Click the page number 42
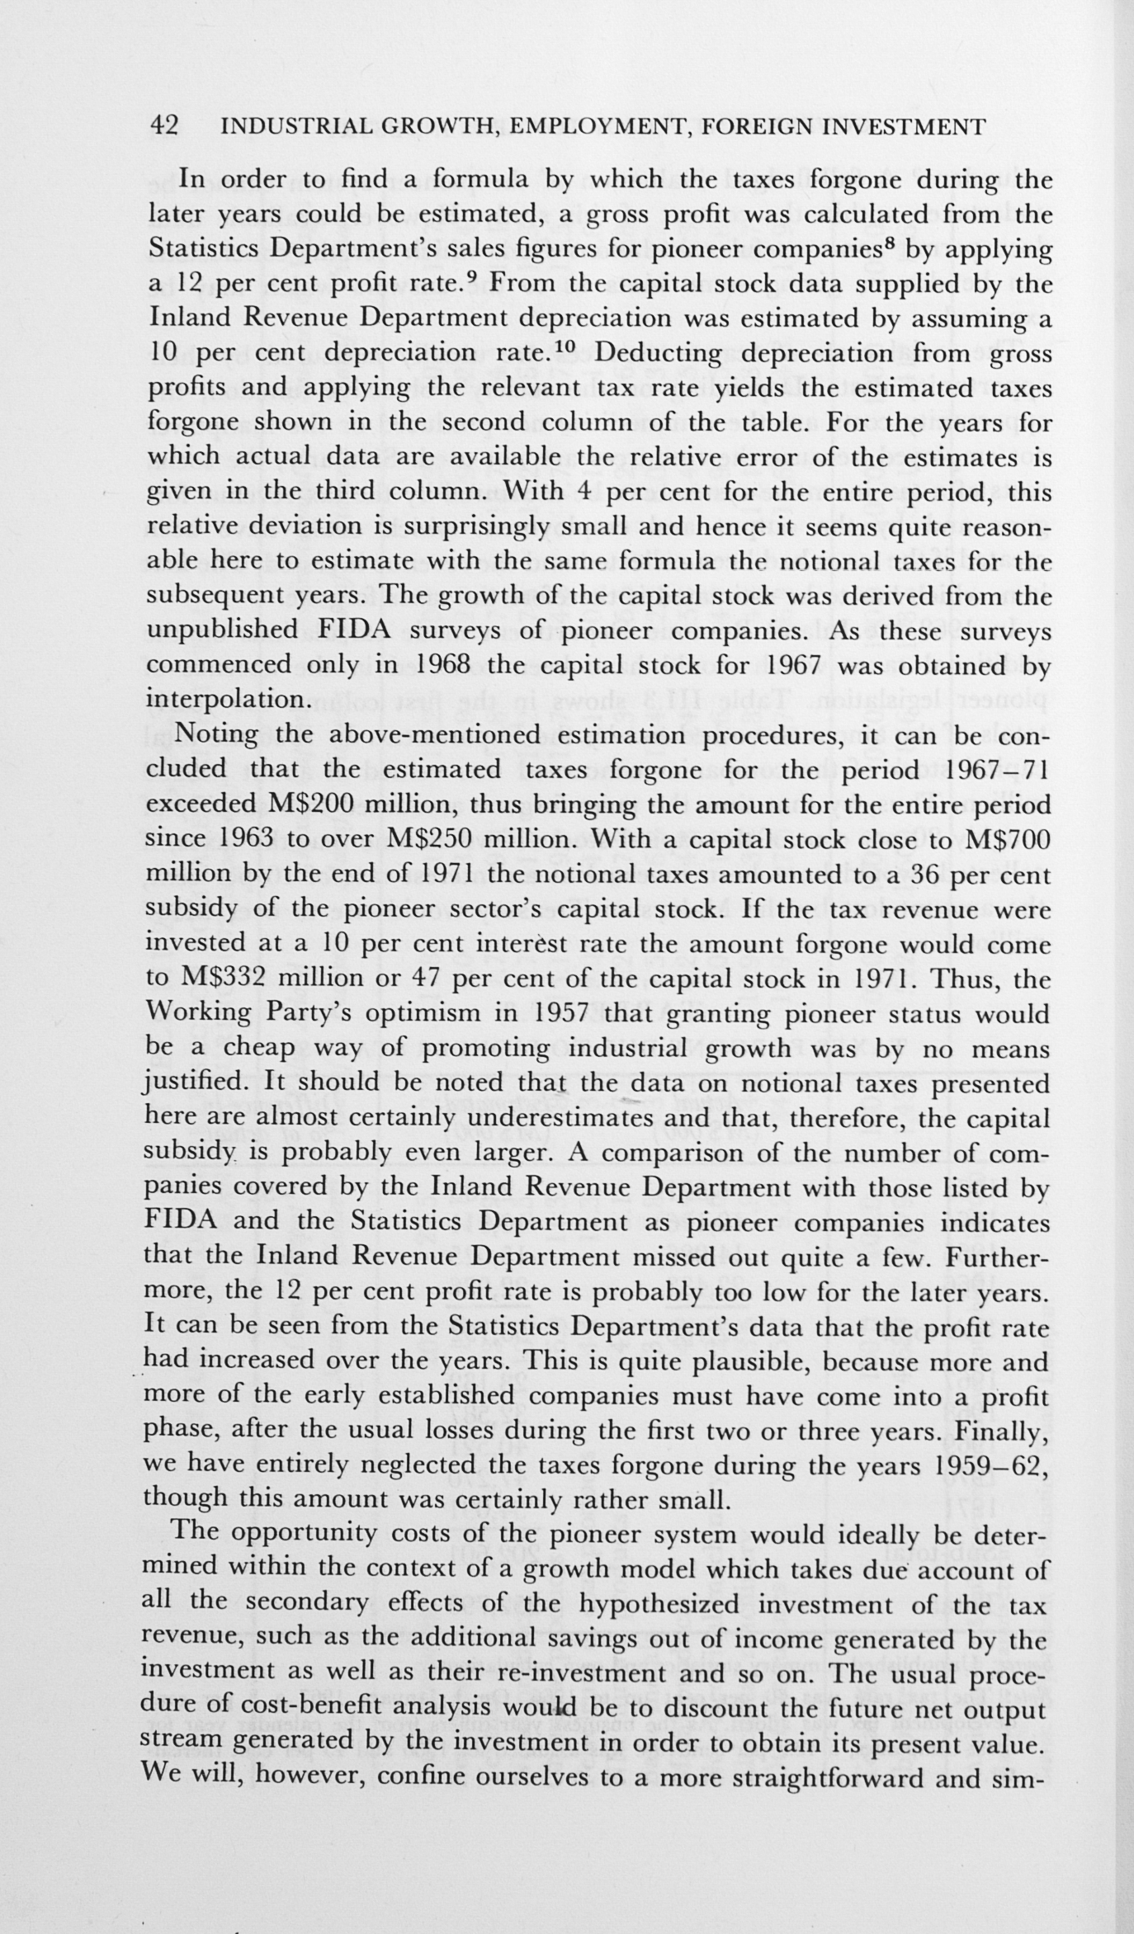pos(163,126)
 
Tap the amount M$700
pos(1007,840)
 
